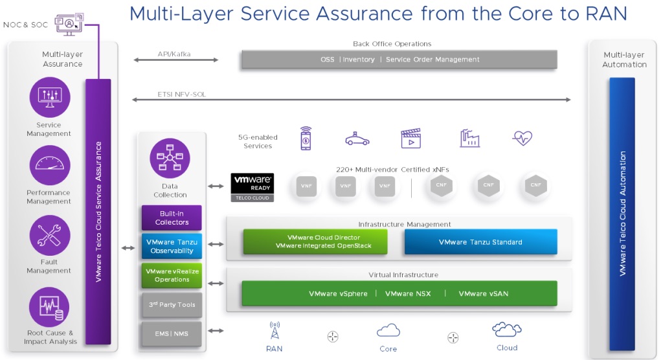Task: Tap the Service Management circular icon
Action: point(50,97)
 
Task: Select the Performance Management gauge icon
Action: point(50,166)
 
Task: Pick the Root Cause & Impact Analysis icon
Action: point(50,306)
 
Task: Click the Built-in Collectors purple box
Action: point(172,218)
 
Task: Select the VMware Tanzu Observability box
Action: point(172,247)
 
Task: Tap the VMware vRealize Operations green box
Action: point(172,275)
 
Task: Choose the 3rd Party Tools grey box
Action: point(172,304)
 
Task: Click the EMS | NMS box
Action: point(172,333)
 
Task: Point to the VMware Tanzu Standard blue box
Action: point(480,242)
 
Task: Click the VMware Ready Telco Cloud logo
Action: point(253,187)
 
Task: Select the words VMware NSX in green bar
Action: point(408,293)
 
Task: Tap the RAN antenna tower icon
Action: point(275,331)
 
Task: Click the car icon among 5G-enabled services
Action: point(357,138)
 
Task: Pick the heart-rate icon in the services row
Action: point(522,138)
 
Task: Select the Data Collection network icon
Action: point(170,158)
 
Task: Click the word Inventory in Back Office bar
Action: point(359,60)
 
